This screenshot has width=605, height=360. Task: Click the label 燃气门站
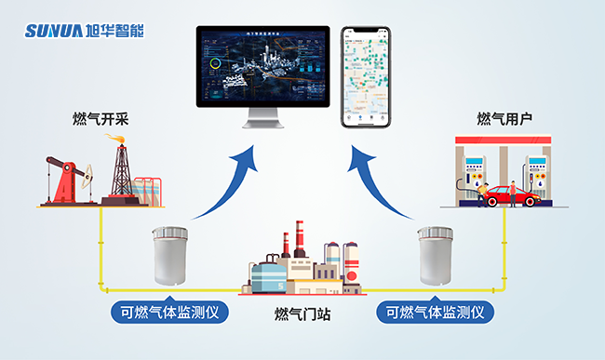click(x=302, y=314)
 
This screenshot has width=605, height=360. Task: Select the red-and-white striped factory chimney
click(x=299, y=240)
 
